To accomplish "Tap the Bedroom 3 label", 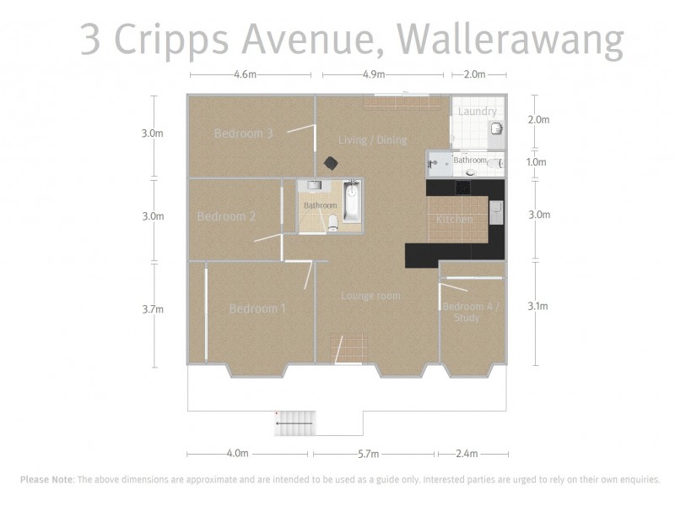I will coord(243,133).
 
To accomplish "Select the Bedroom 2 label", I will coord(226,216).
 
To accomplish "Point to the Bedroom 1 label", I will coord(257,309).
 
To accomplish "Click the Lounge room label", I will coord(370,296).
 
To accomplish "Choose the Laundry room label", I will coord(477,112).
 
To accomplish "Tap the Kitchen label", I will coord(454,220).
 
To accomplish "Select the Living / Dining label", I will coord(372,139).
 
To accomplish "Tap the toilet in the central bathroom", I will coord(334,221).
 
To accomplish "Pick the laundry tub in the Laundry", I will coord(496,129).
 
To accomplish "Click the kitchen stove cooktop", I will coord(462,188).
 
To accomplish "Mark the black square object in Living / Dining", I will coord(331,162).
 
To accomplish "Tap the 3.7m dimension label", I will coord(153,309).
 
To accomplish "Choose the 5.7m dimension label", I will coord(368,454).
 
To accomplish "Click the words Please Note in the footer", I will coord(46,479).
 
